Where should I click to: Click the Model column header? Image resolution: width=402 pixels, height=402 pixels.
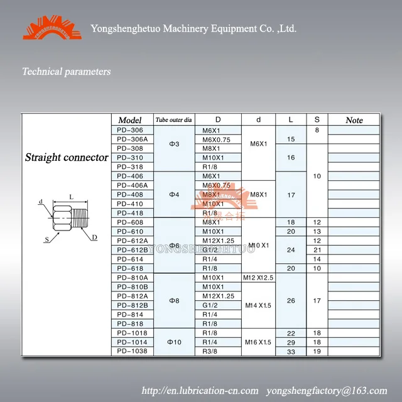click(130, 120)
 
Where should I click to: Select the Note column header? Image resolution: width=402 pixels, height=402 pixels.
click(354, 120)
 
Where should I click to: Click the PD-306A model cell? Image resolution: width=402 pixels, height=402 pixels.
click(132, 139)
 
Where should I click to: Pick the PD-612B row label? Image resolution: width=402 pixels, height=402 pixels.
click(132, 249)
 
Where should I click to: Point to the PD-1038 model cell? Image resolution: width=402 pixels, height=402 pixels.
click(132, 351)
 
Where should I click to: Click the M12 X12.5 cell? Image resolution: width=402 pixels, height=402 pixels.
click(258, 277)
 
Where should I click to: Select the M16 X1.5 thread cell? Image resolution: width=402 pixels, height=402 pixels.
click(258, 342)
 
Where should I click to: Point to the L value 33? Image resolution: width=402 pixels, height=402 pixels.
click(291, 351)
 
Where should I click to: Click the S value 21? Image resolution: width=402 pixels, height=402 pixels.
click(317, 249)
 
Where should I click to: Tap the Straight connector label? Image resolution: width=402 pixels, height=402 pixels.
click(67, 157)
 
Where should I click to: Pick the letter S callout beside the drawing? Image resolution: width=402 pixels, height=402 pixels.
click(46, 239)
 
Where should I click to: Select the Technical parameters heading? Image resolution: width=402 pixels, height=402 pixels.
click(67, 72)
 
